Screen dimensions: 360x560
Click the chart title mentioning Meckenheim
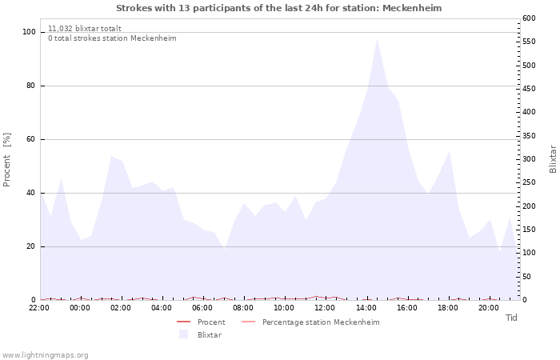coord(278,8)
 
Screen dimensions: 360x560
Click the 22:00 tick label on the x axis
coord(39,307)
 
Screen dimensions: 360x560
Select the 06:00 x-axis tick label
coord(202,307)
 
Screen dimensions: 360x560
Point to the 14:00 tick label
coord(366,307)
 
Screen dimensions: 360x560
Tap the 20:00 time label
coord(488,307)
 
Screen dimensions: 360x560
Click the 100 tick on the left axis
coord(29,32)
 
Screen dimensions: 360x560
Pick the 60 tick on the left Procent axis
coord(31,139)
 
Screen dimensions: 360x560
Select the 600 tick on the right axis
coord(529,18)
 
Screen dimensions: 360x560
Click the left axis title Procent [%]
coord(7,160)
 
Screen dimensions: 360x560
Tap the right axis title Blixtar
coord(553,158)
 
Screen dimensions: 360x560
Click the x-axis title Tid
coord(511,318)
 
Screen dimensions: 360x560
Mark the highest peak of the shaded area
coord(377,38)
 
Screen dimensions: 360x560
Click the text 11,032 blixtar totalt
coord(85,28)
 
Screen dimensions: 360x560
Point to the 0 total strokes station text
coord(112,38)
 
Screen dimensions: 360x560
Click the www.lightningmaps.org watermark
coord(46,354)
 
